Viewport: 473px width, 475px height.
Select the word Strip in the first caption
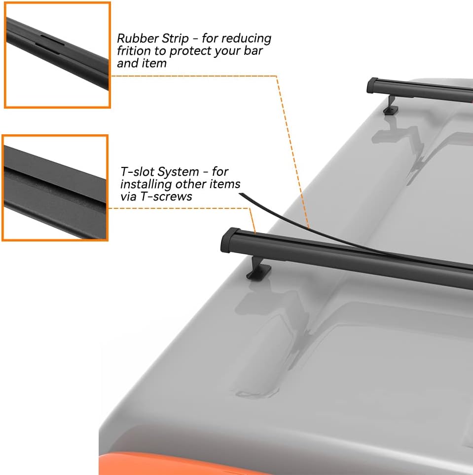[173, 39]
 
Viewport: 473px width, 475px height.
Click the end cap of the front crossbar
[231, 239]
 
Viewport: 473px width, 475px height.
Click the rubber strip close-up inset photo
[57, 55]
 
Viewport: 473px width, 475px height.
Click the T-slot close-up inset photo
[55, 188]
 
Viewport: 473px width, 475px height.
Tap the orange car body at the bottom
[148, 464]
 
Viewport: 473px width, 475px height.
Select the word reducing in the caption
[249, 39]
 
